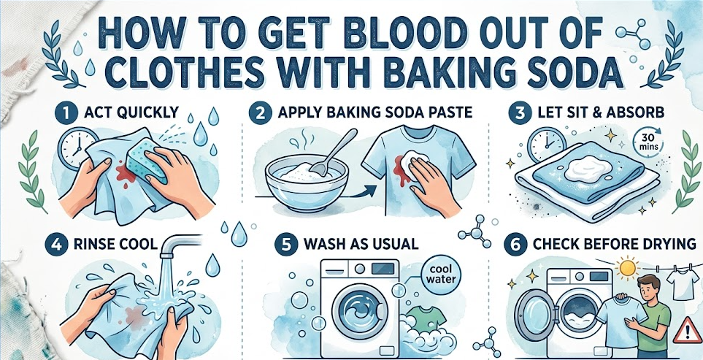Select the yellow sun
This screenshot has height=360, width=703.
tap(627, 268)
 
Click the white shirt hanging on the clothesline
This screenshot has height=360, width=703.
tap(683, 285)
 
